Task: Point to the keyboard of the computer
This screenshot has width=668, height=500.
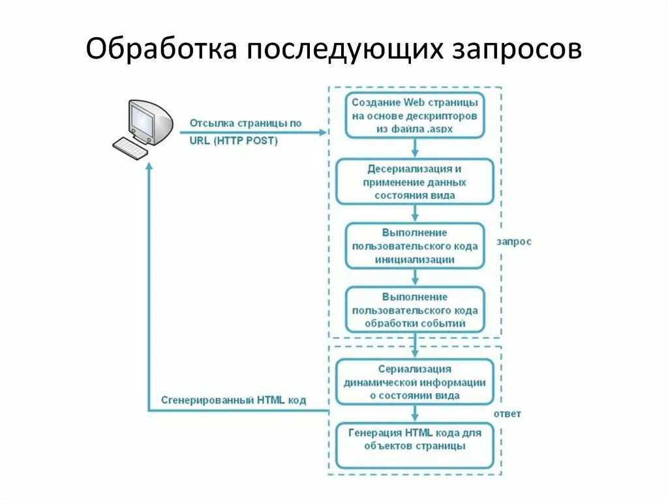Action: pos(130,148)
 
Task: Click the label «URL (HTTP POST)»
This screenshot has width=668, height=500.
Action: pos(234,140)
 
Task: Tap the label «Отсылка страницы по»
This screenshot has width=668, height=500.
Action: pos(246,123)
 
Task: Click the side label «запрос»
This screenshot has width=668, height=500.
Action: pos(514,242)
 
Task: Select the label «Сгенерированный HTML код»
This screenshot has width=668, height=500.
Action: pos(234,400)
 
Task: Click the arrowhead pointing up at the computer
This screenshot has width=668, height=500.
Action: pos(149,167)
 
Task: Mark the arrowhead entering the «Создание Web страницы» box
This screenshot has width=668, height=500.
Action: pos(321,132)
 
